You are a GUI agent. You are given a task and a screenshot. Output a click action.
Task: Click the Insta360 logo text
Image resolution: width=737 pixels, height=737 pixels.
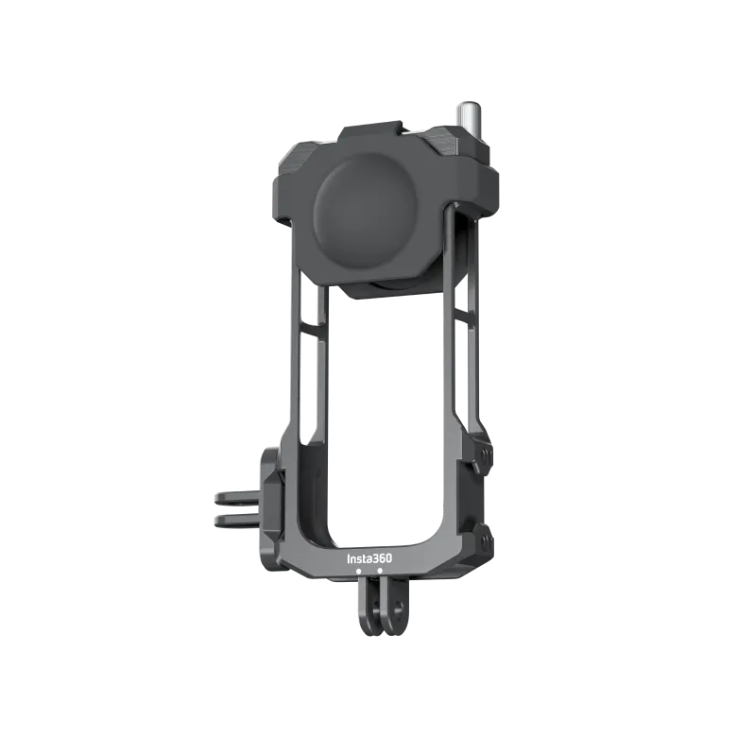point(369,558)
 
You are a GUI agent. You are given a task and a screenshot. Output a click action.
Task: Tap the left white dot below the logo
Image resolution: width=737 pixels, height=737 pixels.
point(359,572)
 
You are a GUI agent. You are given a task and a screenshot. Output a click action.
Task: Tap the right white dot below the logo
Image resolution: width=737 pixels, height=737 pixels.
point(380,572)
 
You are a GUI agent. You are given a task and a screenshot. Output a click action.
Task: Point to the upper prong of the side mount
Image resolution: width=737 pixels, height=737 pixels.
point(231,498)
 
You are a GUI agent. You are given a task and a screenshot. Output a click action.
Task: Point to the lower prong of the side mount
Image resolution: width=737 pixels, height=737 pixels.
point(231,520)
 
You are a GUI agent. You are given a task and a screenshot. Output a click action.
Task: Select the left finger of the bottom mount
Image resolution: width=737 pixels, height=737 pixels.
point(364,609)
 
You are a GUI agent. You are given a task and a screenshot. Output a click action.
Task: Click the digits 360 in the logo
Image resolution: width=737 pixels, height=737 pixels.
point(381,558)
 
